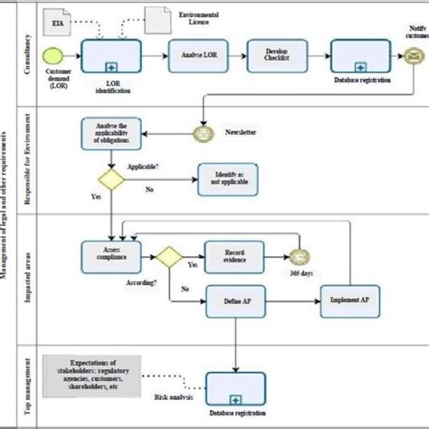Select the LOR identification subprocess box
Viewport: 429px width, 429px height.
coord(111,57)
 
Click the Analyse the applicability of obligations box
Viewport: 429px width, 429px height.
coord(112,133)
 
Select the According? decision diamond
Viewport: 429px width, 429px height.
coord(169,257)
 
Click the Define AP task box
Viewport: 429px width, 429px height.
coord(236,300)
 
